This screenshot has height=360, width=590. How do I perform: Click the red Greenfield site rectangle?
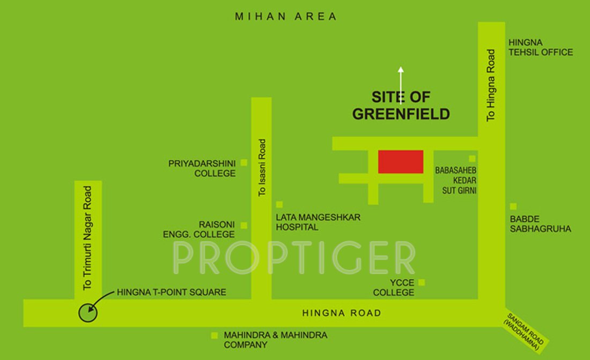click(401, 161)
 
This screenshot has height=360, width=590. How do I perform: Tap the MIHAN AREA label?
click(286, 17)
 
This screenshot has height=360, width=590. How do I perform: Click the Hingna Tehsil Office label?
click(540, 47)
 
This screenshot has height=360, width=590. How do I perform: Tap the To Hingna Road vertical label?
click(491, 85)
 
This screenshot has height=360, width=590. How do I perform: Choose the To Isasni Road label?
click(262, 167)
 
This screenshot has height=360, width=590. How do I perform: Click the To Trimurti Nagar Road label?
click(88, 238)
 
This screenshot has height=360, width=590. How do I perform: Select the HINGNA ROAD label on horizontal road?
click(342, 313)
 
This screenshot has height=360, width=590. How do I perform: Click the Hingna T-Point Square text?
click(172, 292)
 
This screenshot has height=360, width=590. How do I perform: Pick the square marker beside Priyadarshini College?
click(244, 162)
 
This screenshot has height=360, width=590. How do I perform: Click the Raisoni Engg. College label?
click(199, 230)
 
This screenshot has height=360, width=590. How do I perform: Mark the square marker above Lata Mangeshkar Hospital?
click(279, 204)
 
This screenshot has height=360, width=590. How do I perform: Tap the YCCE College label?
click(394, 288)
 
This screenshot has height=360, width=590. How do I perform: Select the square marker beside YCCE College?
click(422, 282)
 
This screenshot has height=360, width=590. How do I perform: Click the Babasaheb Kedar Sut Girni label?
click(455, 180)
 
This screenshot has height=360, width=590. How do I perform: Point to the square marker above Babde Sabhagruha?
click(513, 207)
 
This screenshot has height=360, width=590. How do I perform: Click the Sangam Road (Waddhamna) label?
click(525, 329)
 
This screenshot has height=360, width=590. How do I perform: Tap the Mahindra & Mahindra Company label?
click(275, 340)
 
